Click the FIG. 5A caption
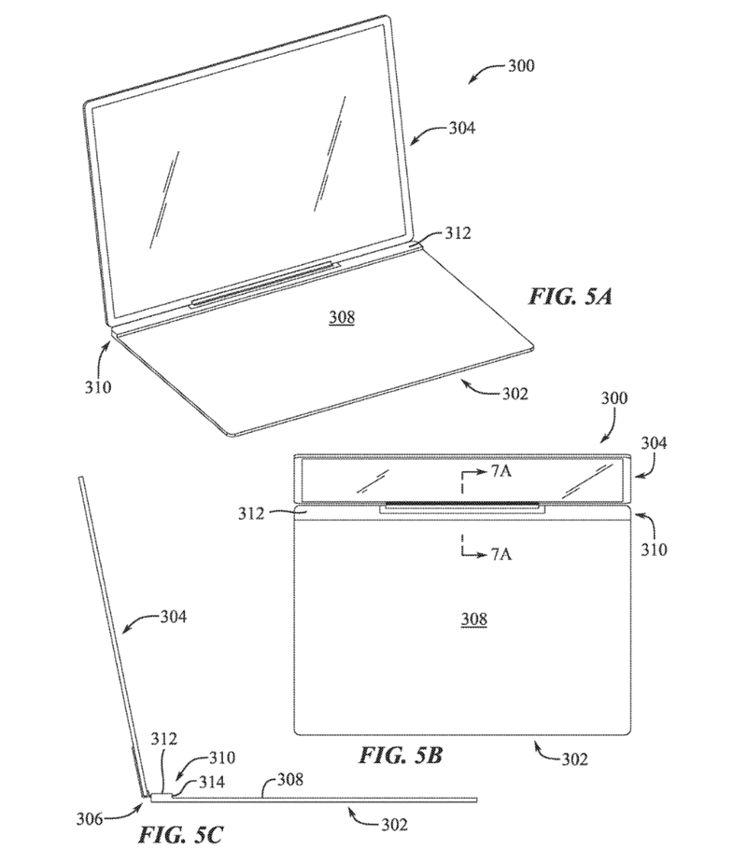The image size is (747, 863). pyautogui.click(x=571, y=297)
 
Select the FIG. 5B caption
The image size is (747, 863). pyautogui.click(x=401, y=755)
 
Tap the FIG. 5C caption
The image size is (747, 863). pyautogui.click(x=180, y=835)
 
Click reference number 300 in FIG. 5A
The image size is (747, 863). pyautogui.click(x=521, y=66)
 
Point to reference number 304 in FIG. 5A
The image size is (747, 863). pyautogui.click(x=461, y=128)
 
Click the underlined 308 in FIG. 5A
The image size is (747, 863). pyautogui.click(x=342, y=317)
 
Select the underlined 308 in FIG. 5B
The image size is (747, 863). pyautogui.click(x=473, y=619)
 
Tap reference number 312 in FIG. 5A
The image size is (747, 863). pyautogui.click(x=458, y=233)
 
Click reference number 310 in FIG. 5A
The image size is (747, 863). pyautogui.click(x=98, y=387)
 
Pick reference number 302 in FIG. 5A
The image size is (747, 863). pyautogui.click(x=514, y=394)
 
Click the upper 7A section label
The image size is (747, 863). pyautogui.click(x=500, y=472)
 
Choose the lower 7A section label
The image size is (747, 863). pyautogui.click(x=500, y=554)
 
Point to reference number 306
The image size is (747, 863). pyautogui.click(x=90, y=819)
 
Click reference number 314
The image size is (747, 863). pyautogui.click(x=212, y=782)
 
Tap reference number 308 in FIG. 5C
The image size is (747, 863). pyautogui.click(x=289, y=779)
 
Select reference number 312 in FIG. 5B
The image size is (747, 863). pyautogui.click(x=251, y=513)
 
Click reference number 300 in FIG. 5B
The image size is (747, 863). pyautogui.click(x=613, y=398)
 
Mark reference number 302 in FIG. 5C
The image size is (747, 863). pyautogui.click(x=394, y=825)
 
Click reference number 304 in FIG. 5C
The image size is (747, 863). pyautogui.click(x=174, y=617)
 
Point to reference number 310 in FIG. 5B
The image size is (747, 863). pyautogui.click(x=654, y=550)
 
